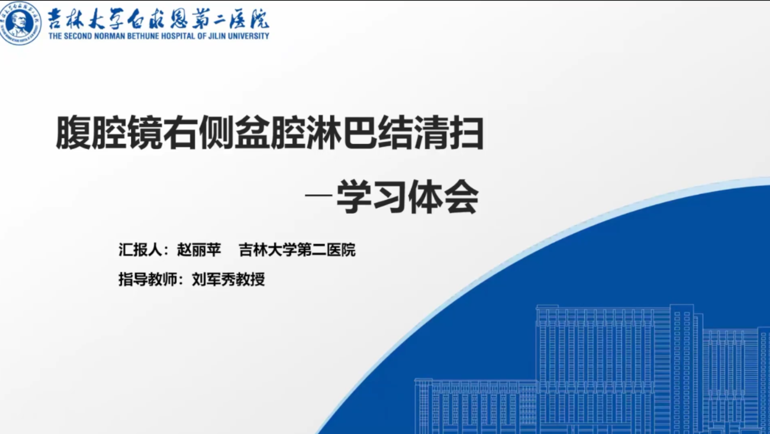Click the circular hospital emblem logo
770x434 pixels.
click(20, 23)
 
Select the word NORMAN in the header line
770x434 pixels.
click(109, 36)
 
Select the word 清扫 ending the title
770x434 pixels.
click(449, 133)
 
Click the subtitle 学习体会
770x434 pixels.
click(407, 197)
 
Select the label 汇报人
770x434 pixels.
click(140, 250)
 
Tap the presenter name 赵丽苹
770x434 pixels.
click(199, 250)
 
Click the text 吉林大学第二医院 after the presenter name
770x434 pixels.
click(297, 250)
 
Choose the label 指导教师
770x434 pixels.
click(148, 279)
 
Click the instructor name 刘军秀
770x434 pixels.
click(214, 279)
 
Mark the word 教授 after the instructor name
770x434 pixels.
click(250, 279)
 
